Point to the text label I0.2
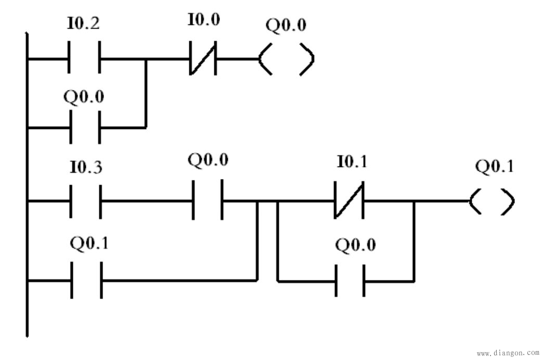83,23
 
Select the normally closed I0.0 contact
202,59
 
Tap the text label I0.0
203,21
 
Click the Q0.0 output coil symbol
286,59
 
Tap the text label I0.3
85,168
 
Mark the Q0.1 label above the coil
494,167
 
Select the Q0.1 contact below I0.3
86,280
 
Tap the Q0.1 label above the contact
90,244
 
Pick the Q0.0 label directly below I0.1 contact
355,245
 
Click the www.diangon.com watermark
507,353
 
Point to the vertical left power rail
27,182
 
